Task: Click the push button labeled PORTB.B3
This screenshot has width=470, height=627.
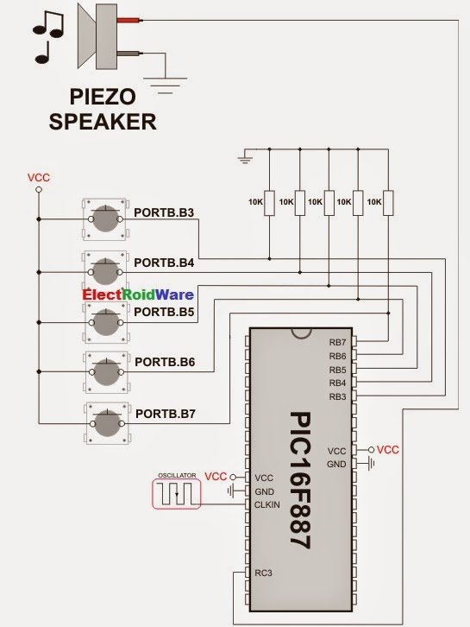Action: (x=105, y=219)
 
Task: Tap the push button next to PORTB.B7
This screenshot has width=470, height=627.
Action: (x=108, y=424)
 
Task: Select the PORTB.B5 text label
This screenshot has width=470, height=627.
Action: (x=164, y=312)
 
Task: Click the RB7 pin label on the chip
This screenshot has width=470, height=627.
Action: (x=337, y=342)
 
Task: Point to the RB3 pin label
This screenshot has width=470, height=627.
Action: (x=337, y=396)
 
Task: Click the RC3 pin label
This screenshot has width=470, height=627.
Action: (x=263, y=573)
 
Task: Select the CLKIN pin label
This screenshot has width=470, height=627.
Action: (x=267, y=504)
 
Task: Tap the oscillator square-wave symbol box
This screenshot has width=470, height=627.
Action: (x=176, y=494)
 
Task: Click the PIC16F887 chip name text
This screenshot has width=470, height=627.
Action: (x=300, y=481)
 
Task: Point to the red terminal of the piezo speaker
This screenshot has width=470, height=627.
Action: (x=128, y=20)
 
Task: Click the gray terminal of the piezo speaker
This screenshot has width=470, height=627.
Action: (x=128, y=53)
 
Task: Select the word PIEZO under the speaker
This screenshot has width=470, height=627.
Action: (x=103, y=97)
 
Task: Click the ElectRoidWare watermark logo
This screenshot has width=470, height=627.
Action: (x=138, y=294)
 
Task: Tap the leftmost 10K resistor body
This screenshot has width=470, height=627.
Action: (x=270, y=203)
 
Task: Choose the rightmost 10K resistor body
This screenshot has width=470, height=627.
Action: (x=388, y=203)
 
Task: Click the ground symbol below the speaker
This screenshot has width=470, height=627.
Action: (x=165, y=85)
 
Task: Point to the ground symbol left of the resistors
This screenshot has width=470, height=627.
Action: (x=245, y=159)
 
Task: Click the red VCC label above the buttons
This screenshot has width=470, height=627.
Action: (x=39, y=178)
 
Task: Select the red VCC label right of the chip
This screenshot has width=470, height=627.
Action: (x=388, y=450)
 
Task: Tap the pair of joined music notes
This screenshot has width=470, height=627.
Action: (x=48, y=24)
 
